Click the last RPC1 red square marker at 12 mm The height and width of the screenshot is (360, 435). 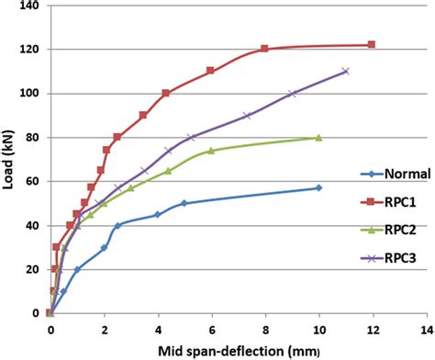pyautogui.click(x=372, y=44)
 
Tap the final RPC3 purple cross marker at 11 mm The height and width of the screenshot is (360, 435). pyautogui.click(x=345, y=71)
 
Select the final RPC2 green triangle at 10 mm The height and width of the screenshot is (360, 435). pyautogui.click(x=318, y=138)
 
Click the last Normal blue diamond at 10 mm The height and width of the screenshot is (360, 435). pyautogui.click(x=318, y=188)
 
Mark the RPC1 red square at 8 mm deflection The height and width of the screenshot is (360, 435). pyautogui.click(x=264, y=49)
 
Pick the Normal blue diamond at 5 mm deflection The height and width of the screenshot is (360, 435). pyautogui.click(x=184, y=203)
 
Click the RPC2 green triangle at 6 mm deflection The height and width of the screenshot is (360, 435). pyautogui.click(x=211, y=151)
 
